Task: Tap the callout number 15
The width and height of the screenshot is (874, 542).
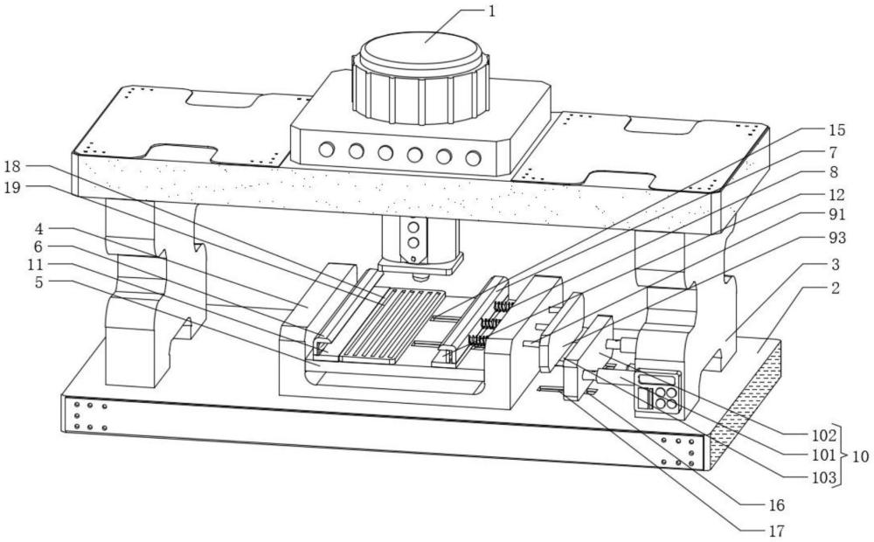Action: point(836,130)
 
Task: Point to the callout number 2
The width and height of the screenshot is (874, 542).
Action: point(836,288)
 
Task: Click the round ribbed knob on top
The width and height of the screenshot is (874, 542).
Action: point(420,61)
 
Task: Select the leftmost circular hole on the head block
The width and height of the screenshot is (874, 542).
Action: point(327,149)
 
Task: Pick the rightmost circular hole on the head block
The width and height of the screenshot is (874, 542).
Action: point(473,158)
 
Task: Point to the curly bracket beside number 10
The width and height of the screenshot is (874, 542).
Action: point(842,455)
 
